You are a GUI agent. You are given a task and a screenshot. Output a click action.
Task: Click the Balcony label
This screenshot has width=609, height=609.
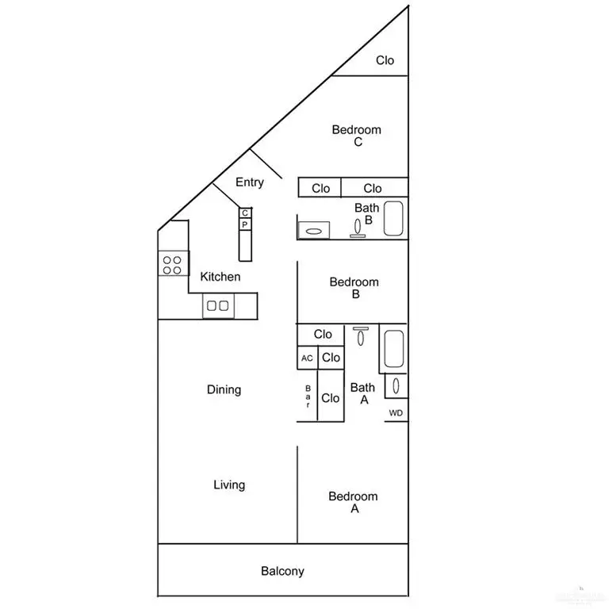pyautogui.click(x=282, y=571)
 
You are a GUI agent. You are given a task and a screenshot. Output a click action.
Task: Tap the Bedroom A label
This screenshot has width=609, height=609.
pyautogui.click(x=354, y=503)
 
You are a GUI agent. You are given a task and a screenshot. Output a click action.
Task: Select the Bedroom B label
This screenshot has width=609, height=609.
pyautogui.click(x=354, y=288)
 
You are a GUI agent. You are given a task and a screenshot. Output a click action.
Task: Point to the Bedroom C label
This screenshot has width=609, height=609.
pyautogui.click(x=357, y=136)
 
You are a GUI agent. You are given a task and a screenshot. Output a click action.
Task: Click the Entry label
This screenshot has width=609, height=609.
pyautogui.click(x=250, y=182)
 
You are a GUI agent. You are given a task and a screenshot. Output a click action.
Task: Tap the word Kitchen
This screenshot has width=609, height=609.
pyautogui.click(x=220, y=277)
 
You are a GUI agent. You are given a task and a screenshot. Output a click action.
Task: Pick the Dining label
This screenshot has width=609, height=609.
pyautogui.click(x=224, y=389)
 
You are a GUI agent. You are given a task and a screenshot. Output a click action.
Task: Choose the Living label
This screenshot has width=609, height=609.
pyautogui.click(x=229, y=485)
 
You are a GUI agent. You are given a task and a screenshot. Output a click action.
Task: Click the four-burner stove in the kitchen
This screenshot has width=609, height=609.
pyautogui.click(x=172, y=264)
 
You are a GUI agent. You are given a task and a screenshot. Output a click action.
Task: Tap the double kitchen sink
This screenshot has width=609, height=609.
pyautogui.click(x=218, y=305)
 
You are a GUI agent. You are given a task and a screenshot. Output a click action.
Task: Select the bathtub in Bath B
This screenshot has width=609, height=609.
pyautogui.click(x=395, y=218)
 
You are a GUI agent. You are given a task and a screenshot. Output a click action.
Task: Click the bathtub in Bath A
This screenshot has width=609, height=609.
pyautogui.click(x=394, y=350)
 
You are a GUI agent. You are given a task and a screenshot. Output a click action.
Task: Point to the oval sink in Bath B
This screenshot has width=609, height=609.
pyautogui.click(x=314, y=232)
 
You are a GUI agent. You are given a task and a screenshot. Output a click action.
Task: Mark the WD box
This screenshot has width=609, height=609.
pyautogui.click(x=396, y=413)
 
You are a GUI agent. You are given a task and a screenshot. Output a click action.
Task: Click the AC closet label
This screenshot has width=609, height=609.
pyautogui.click(x=307, y=358)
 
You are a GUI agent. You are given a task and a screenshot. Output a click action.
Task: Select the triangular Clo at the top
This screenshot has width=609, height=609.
pyautogui.click(x=385, y=60)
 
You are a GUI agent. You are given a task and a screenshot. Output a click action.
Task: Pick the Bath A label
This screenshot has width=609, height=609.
pyautogui.click(x=362, y=393)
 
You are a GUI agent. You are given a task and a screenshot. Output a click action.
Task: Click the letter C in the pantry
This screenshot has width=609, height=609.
pyautogui.click(x=245, y=213)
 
